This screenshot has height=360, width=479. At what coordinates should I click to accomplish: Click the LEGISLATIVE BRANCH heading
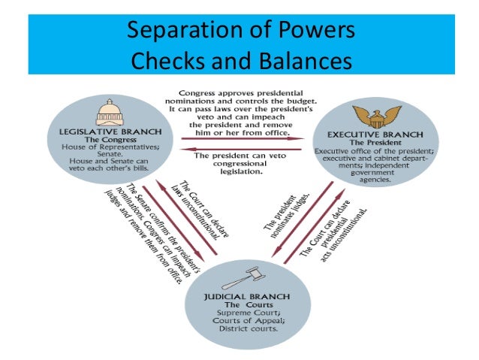(x=110, y=132)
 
